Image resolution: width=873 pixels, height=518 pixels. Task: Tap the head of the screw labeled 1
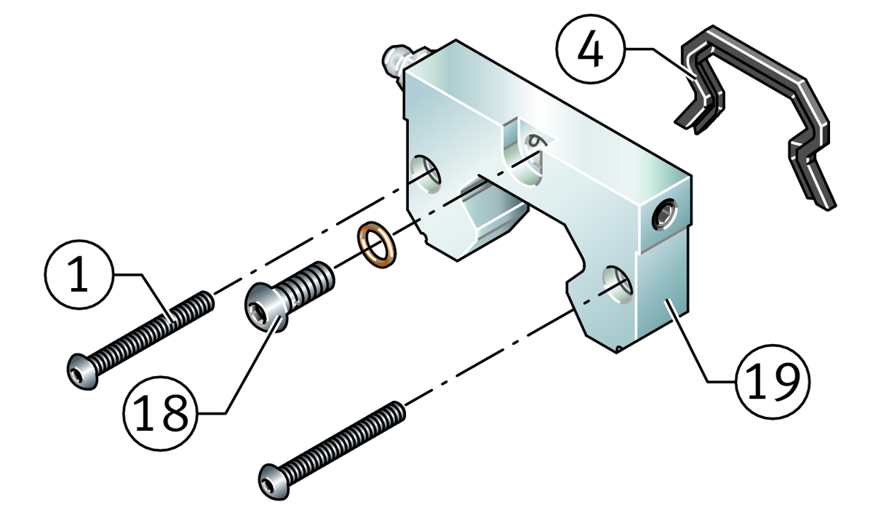[81, 371]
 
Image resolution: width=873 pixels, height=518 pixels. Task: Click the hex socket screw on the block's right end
[663, 212]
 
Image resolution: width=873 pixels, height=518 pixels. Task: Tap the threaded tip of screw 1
[205, 299]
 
